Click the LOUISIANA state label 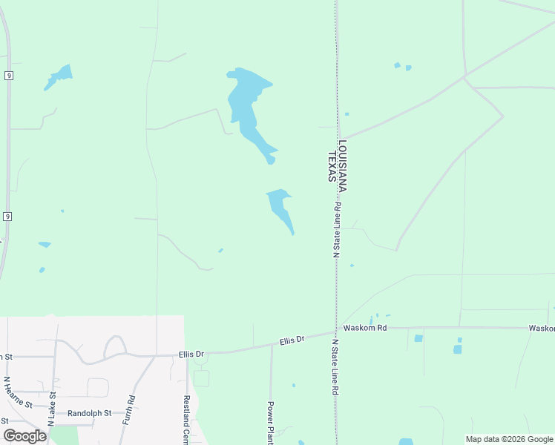coord(344,167)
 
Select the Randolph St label coord(89,413)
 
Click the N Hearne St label coord(19,392)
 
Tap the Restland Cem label coord(187,420)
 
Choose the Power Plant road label coord(271,423)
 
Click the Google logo coord(24,436)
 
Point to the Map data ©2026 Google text coord(509,439)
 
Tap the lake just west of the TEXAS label coord(280,207)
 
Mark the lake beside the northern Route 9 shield coord(59,76)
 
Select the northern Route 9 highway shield coord(7,76)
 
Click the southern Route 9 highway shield coord(7,216)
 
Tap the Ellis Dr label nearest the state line coord(292,340)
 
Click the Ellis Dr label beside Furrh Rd coord(191,355)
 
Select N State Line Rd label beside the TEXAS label coord(335,230)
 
